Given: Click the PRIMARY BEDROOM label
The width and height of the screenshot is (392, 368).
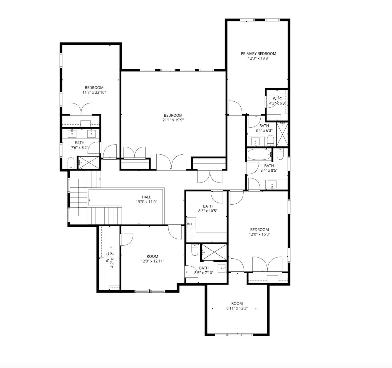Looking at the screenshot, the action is click(258, 53).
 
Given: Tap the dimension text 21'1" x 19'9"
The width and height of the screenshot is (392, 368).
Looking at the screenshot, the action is click(173, 120).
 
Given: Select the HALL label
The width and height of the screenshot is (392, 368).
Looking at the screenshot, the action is click(146, 197).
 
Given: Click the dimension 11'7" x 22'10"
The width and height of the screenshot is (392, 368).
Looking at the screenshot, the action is click(94, 92).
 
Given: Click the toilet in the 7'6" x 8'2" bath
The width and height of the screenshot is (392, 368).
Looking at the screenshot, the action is click(71, 163).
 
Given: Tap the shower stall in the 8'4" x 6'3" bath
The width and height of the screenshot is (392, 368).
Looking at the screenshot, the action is click(282, 134).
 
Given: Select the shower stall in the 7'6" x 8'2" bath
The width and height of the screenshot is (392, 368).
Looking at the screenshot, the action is click(89, 162).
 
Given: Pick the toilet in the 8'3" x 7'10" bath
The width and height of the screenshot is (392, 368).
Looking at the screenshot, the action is click(195, 250).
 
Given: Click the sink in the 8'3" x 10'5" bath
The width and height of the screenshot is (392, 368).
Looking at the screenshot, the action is click(191, 224).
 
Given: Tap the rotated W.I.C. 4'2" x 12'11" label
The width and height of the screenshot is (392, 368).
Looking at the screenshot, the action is click(110, 257).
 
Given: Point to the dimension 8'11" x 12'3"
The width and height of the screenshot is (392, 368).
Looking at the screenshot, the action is click(237, 308).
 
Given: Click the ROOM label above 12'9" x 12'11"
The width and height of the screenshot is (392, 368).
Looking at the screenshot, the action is click(153, 256).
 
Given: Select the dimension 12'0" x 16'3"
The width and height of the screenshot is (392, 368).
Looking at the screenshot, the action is click(259, 234).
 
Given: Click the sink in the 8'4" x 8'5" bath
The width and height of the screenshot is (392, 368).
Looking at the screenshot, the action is click(272, 185).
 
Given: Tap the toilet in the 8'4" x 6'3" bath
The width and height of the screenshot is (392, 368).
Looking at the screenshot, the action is click(270, 140).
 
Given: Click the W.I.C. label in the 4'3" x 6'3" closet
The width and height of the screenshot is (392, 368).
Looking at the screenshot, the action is click(277, 98).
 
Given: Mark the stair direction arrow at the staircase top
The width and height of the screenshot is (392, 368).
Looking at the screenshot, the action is click(100, 179).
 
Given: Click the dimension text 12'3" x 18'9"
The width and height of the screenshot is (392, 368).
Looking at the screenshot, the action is click(259, 58).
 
